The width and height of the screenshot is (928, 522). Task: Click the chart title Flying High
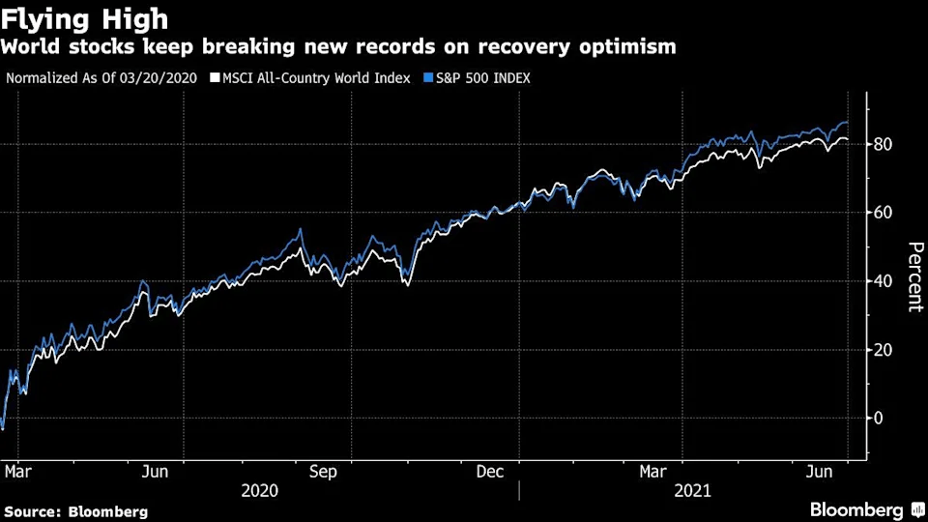pyautogui.click(x=86, y=18)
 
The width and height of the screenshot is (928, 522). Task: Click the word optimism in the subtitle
pyautogui.click(x=626, y=46)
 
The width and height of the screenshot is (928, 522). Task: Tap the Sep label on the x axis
pyautogui.click(x=324, y=471)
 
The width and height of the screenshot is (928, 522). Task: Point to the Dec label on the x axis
pyautogui.click(x=490, y=471)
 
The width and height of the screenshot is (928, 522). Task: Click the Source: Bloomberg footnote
pyautogui.click(x=76, y=511)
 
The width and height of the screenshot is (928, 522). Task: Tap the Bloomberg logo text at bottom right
pyautogui.click(x=855, y=509)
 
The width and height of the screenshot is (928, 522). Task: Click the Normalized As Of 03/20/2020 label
pyautogui.click(x=101, y=77)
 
